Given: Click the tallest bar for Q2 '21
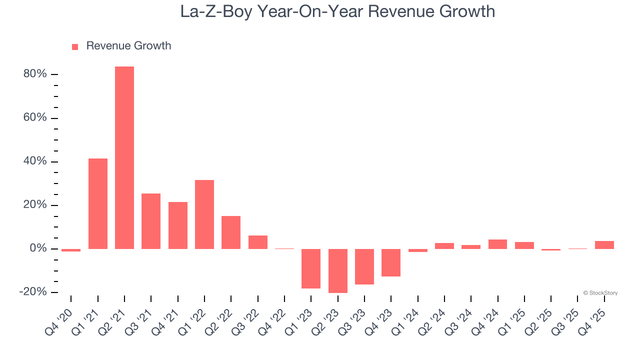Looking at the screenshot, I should (x=124, y=157).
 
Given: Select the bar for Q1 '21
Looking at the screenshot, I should (x=98, y=203).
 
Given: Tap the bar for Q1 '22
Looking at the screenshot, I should (x=204, y=214).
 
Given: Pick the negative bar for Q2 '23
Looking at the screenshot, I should (x=338, y=270).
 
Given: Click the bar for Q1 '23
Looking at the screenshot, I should (x=311, y=268).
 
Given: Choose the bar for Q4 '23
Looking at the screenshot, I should (x=391, y=262).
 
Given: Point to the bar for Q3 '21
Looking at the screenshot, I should (x=151, y=221).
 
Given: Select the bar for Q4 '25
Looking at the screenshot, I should (x=604, y=245).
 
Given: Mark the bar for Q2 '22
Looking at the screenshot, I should (x=231, y=232).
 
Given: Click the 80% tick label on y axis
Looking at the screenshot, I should (x=35, y=74).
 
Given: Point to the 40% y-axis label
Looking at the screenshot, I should (x=35, y=161).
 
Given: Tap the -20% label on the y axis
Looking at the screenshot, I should (x=33, y=292).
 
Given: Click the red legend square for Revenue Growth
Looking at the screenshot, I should (x=75, y=47).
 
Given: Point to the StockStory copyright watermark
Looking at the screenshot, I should (x=600, y=293).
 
